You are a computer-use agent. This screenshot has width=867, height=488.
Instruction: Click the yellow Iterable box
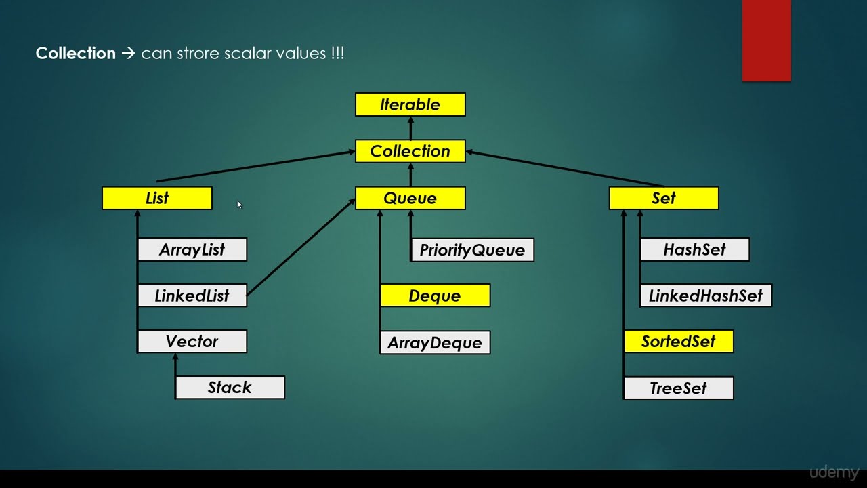[410, 104]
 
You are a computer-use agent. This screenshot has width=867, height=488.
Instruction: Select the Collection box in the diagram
[410, 151]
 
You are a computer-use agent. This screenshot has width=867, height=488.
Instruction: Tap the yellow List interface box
[156, 198]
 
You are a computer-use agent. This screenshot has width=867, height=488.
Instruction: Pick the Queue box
[410, 198]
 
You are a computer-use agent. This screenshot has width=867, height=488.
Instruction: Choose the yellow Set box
[663, 198]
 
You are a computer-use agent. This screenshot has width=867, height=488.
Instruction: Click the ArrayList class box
[192, 249]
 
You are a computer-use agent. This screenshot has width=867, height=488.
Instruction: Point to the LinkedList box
[192, 296]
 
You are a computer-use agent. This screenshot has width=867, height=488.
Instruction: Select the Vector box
[192, 342]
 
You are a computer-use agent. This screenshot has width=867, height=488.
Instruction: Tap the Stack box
[230, 388]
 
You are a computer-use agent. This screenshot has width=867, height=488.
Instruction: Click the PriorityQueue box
[472, 250]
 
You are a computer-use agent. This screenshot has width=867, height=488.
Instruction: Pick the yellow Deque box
[435, 296]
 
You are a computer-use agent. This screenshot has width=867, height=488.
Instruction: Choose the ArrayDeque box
[435, 342]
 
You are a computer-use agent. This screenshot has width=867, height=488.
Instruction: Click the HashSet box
[694, 249]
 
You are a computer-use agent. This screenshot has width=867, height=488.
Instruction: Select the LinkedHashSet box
[705, 296]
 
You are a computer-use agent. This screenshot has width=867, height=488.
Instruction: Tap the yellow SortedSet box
[678, 342]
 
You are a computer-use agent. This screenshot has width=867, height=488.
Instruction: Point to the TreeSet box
[678, 388]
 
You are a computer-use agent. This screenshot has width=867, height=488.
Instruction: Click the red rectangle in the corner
[766, 41]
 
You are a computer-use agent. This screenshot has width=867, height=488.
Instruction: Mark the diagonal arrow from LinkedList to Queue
[301, 247]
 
